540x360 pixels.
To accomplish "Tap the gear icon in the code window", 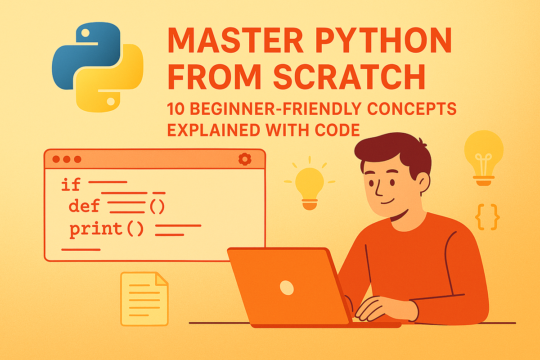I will [x=244, y=159].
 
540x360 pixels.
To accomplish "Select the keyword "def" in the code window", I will [x=84, y=206].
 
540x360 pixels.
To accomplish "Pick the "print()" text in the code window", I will [x=106, y=229].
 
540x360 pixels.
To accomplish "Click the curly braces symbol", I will [x=487, y=217].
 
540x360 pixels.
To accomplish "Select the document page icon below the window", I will [x=144, y=298].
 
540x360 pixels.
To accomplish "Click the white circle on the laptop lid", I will [x=286, y=287].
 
